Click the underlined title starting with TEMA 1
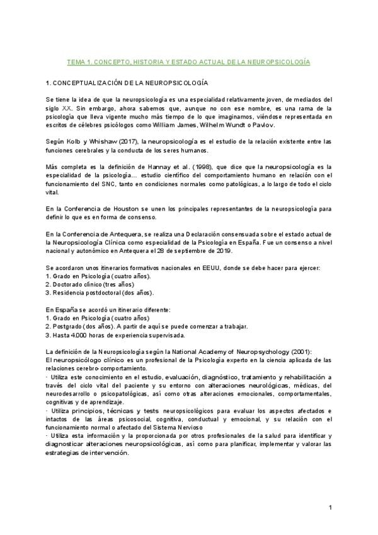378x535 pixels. pos(188,63)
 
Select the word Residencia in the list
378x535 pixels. pos(71,292)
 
